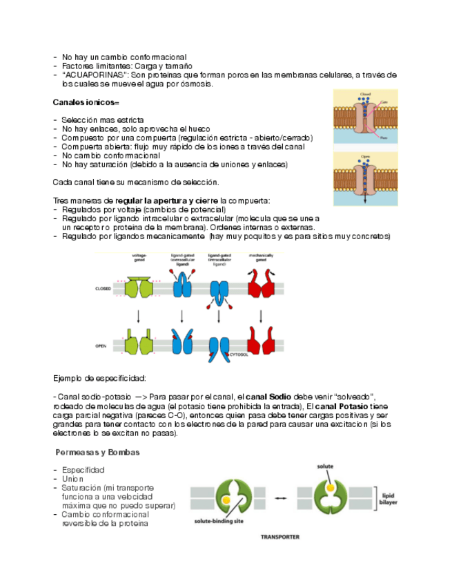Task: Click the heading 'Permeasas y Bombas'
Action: tap(97, 452)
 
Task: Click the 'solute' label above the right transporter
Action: tap(325, 467)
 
